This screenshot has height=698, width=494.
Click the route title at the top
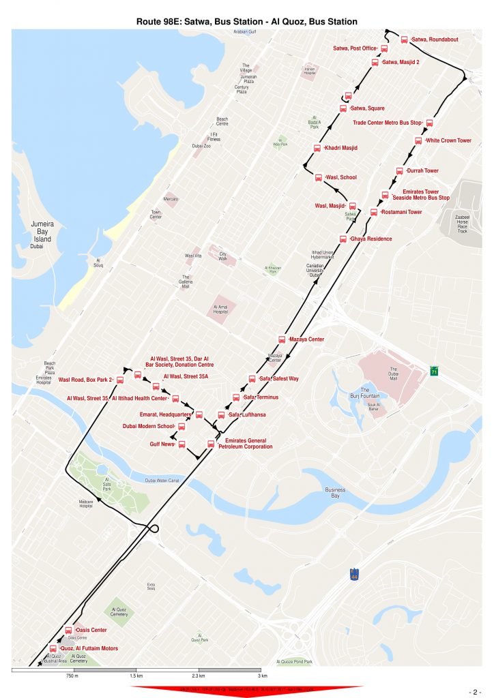click(x=247, y=22)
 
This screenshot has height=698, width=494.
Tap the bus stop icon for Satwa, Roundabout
click(x=404, y=40)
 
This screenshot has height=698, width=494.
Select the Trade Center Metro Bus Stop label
click(x=387, y=123)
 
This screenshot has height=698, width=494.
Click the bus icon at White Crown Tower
click(x=418, y=141)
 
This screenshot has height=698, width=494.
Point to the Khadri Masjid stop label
click(x=341, y=148)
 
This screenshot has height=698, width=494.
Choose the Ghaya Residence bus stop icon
click(x=343, y=239)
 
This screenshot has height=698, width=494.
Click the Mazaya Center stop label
click(x=306, y=339)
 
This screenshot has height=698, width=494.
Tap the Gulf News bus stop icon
click(x=181, y=444)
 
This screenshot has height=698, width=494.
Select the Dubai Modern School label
click(x=147, y=426)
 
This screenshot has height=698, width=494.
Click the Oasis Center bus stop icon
click(x=68, y=631)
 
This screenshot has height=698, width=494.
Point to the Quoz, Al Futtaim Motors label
click(x=89, y=648)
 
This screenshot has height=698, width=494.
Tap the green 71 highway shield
click(x=434, y=371)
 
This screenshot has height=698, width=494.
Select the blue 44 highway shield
click(x=353, y=575)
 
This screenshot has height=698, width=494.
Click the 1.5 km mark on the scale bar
click(x=136, y=676)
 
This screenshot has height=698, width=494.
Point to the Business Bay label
click(x=335, y=494)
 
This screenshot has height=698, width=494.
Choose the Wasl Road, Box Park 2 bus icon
click(x=120, y=380)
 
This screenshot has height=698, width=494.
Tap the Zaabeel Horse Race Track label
click(x=462, y=224)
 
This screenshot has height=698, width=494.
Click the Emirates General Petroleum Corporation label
click(x=248, y=444)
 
